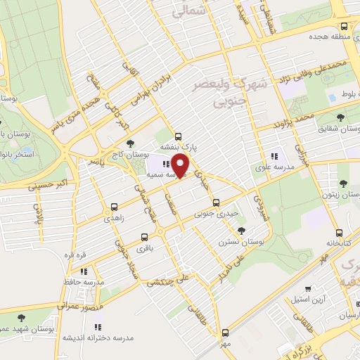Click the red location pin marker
[181, 165]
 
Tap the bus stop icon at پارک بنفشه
[177, 136]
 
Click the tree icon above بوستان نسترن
[243, 230]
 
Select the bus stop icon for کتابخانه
[340, 232]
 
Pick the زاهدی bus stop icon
[114, 207]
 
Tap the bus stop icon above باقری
[145, 237]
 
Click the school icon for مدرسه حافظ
[84, 271]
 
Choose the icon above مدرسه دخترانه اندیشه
[98, 326]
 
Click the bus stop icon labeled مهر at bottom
[225, 333]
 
